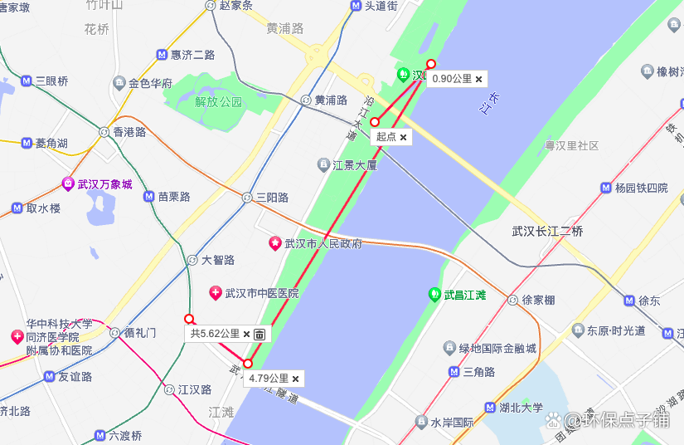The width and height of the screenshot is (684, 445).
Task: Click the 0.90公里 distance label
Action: click(452, 79)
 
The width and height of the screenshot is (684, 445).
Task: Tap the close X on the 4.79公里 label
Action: click(295, 379)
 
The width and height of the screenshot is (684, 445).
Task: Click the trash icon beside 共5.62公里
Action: click(260, 334)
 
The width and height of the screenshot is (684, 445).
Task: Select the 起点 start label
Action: click(386, 137)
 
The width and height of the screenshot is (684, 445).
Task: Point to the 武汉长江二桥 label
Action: click(547, 232)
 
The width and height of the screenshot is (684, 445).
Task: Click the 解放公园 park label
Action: click(218, 102)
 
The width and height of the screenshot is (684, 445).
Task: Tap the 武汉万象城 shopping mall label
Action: click(104, 184)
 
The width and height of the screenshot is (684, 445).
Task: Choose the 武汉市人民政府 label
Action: click(323, 244)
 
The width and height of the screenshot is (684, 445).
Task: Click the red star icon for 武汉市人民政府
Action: click(274, 244)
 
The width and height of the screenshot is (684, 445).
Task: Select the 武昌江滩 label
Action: click(464, 295)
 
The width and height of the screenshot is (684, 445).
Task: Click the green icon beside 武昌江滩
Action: click(434, 295)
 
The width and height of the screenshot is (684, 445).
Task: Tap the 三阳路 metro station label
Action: click(272, 198)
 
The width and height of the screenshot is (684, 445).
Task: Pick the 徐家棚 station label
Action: click(538, 300)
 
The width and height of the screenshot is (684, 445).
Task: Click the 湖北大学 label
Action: click(521, 408)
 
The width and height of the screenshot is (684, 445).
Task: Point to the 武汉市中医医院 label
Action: click(262, 293)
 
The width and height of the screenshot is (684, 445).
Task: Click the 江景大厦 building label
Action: click(355, 165)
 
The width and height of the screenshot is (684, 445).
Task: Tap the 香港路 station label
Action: click(129, 131)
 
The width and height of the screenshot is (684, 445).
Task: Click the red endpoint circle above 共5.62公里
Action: click(189, 319)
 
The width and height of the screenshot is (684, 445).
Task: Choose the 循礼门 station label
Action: click(139, 332)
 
